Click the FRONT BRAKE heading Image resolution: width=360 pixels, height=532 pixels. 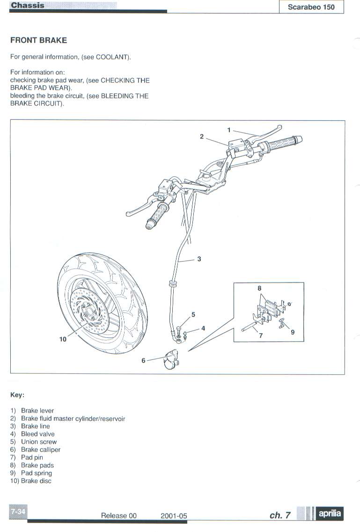pos(38,40)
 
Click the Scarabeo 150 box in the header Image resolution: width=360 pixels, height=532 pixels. pos(311,7)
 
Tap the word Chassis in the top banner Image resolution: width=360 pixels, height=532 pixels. pos(28,5)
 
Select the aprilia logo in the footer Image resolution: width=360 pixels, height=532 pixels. pos(330,514)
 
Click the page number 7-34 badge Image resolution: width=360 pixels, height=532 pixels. pos(18,512)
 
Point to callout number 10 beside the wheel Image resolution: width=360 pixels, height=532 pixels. pos(63,339)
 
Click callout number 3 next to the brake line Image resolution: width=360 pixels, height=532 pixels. pos(199,259)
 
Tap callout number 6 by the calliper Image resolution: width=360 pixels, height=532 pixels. pos(143,361)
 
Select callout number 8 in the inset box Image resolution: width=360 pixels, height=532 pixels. pos(259,289)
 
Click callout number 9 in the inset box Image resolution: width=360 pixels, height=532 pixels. pos(293,332)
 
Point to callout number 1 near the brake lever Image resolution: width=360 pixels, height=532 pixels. pos(229,130)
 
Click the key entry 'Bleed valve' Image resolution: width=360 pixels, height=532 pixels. pos(37,434)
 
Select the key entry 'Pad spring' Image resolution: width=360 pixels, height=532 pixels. pos(37,473)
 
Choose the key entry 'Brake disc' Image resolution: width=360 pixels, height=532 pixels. pos(36,481)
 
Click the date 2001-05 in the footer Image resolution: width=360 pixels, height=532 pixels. pos(174,516)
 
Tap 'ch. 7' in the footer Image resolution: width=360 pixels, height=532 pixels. pos(280,515)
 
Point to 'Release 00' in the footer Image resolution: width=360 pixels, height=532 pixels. pos(119,516)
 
